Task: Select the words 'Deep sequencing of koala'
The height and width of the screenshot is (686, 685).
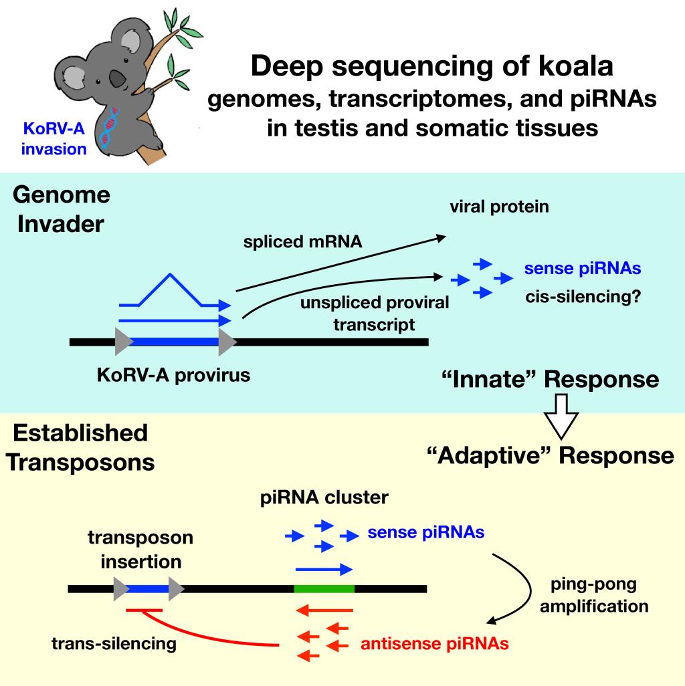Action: click(x=431, y=68)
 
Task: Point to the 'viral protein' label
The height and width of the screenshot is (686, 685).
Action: click(x=498, y=207)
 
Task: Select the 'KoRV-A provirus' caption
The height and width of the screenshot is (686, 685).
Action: click(x=173, y=374)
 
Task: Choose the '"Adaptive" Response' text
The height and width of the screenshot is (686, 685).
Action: click(x=550, y=455)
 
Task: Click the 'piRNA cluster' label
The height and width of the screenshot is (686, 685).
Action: click(x=323, y=498)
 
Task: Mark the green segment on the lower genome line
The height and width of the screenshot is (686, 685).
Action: click(x=324, y=589)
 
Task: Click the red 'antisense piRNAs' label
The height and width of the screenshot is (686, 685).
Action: click(x=435, y=645)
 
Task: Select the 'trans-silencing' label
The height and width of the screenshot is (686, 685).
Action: click(x=114, y=644)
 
